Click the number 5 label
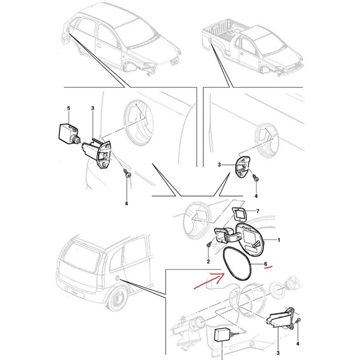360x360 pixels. [69, 108]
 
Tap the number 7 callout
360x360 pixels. [257, 211]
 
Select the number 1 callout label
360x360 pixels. [279, 240]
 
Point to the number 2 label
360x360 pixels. [208, 261]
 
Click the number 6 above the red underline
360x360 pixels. [265, 264]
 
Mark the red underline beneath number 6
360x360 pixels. [268, 267]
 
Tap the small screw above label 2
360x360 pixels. [209, 245]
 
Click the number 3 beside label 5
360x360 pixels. [93, 108]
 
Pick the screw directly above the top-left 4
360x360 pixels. [127, 172]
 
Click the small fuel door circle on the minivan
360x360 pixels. [117, 278]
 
